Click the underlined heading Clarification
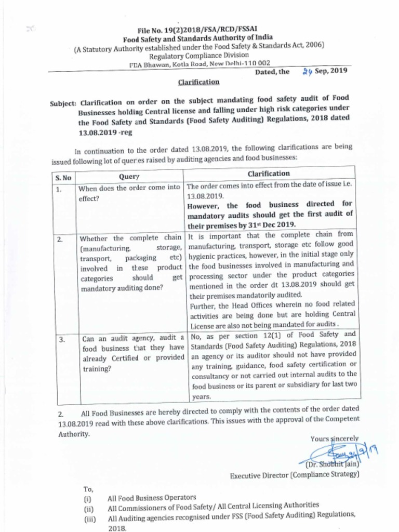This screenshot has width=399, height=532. click(x=198, y=82)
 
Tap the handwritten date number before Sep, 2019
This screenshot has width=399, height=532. click(x=307, y=72)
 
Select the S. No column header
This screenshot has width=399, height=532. click(x=63, y=177)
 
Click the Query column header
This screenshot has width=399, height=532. click(x=129, y=177)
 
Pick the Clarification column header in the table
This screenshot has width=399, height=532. click(x=269, y=174)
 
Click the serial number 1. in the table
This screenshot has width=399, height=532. click(x=59, y=190)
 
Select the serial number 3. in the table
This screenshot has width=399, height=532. click(x=61, y=340)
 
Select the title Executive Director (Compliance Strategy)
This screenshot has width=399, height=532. click(x=295, y=474)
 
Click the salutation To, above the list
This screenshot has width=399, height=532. click(x=88, y=488)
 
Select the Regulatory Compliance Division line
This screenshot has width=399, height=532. click(x=199, y=55)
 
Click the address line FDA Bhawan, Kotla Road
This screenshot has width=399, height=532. click(x=199, y=64)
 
